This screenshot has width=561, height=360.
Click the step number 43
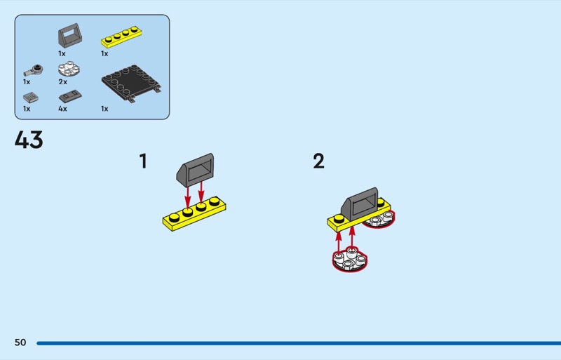(x=29, y=140)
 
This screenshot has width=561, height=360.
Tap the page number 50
(x=20, y=342)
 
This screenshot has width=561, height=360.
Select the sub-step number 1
(x=143, y=161)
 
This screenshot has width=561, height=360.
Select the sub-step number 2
(x=318, y=161)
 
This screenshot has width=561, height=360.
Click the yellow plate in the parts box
(x=121, y=37)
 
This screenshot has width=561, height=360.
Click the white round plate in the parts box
(x=69, y=69)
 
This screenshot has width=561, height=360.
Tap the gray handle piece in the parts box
(x=70, y=36)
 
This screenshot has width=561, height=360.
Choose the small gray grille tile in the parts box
(x=31, y=97)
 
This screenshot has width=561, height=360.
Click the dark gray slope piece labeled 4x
(x=70, y=96)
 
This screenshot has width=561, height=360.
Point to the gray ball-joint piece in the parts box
(x=33, y=70)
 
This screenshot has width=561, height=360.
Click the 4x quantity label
(x=62, y=109)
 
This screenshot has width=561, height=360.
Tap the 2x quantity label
(x=62, y=81)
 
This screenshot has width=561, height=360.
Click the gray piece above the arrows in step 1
(x=196, y=170)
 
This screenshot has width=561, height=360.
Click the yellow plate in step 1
(x=194, y=214)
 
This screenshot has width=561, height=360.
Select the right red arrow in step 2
(x=352, y=237)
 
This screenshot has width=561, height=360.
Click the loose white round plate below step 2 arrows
(x=350, y=260)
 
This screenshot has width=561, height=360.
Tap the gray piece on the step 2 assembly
(x=359, y=204)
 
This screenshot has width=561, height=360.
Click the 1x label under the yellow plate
(x=104, y=53)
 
